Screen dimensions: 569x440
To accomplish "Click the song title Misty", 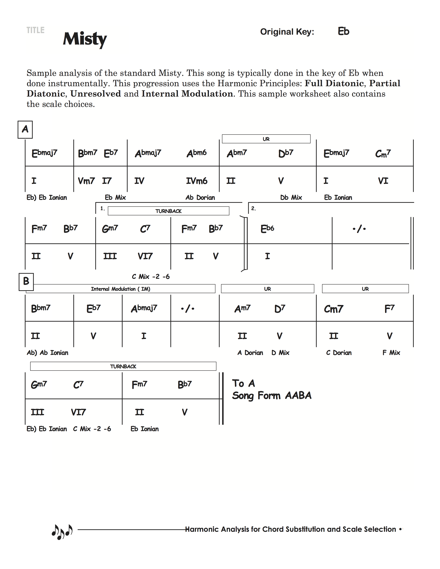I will click(x=85, y=39).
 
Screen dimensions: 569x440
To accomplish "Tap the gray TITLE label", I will click(x=35, y=30).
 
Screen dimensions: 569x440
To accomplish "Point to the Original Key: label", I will click(x=287, y=32).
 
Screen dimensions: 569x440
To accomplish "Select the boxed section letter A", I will click(x=25, y=129).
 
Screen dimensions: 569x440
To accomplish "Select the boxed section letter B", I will click(x=26, y=281).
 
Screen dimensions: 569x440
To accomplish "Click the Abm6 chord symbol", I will click(x=197, y=153).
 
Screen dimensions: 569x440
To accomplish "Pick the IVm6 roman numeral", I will click(x=197, y=181).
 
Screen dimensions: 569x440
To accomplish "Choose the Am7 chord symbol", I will click(x=242, y=309).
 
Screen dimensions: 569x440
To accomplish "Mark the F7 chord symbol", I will click(x=389, y=309).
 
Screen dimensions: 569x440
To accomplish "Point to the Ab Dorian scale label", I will click(x=200, y=197).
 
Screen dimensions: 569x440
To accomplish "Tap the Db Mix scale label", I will click(x=291, y=197).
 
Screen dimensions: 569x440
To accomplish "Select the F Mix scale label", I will click(x=391, y=353).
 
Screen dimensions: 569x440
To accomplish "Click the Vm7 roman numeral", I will click(x=86, y=181).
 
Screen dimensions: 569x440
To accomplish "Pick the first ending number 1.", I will click(x=102, y=208).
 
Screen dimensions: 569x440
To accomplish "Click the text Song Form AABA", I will click(x=272, y=396).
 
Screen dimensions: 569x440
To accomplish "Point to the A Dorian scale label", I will click(x=250, y=353).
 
